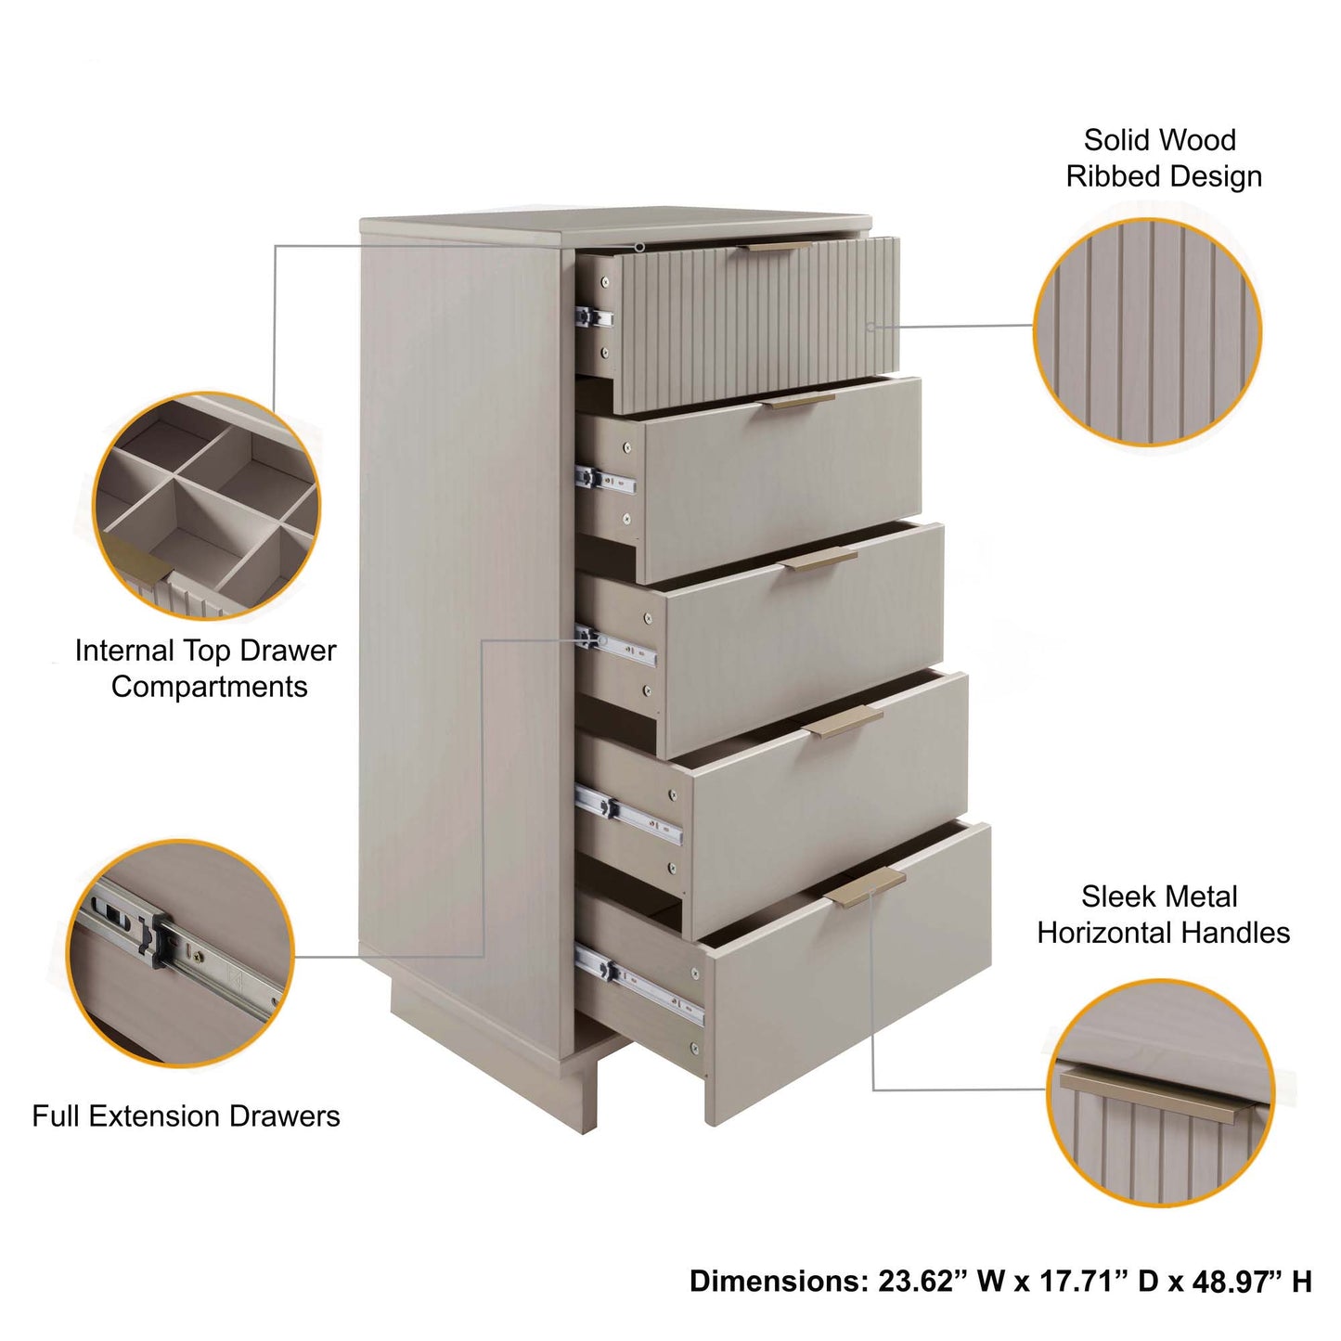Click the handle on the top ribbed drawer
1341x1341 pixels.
780,247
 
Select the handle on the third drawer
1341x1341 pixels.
820,559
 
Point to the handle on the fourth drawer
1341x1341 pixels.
845,722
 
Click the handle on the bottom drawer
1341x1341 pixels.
865,889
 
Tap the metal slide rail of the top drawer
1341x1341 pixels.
595,317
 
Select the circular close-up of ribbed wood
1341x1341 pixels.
1147,332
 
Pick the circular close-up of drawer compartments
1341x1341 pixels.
207,506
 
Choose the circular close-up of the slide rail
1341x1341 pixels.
181,953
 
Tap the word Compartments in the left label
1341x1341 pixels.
209,687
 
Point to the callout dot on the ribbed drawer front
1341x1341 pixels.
870,327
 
